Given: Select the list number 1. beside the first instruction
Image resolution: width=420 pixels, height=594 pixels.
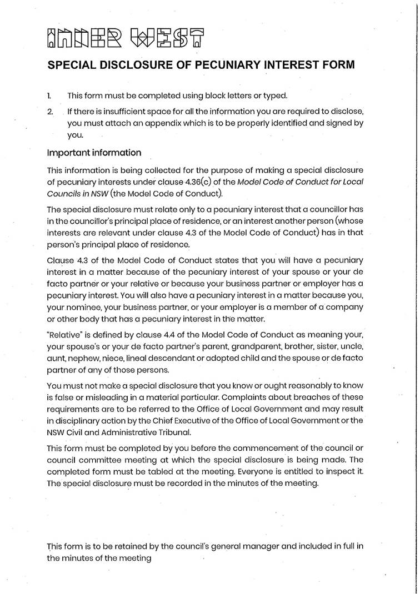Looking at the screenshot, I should point(49,95).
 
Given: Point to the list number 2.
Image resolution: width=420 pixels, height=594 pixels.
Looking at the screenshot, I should point(50,112).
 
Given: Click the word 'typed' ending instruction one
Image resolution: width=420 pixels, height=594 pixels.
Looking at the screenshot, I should point(276,95).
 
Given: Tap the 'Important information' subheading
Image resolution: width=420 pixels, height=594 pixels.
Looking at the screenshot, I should point(94,153).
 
